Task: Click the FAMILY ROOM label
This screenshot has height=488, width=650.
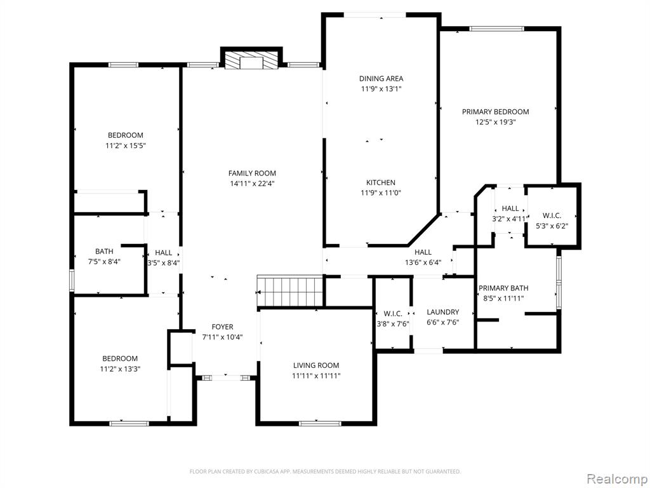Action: pos(252,173)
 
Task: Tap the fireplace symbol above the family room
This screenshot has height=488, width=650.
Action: pos(251,60)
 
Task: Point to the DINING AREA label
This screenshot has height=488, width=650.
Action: pos(381,78)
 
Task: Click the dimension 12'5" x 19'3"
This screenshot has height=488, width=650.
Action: pos(495,122)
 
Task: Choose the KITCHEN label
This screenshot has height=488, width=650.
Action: pos(381,182)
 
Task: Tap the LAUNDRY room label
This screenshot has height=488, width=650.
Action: pos(442,312)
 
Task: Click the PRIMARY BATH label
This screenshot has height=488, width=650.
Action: pos(503,288)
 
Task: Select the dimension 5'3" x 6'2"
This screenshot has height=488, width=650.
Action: pos(552,226)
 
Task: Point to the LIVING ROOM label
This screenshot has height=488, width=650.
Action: pos(316,365)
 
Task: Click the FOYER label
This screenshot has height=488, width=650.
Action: pos(222,327)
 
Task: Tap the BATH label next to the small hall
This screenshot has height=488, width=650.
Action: pos(104,251)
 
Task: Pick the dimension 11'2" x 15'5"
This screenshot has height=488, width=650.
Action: pos(126,146)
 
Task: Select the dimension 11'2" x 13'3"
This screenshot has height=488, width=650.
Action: pos(120,369)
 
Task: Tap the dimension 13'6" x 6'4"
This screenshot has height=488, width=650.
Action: pos(423,262)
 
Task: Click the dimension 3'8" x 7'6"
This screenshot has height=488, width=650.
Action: pos(392,324)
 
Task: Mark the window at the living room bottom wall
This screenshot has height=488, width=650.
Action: pos(320,424)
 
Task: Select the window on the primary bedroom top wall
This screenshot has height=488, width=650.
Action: pos(496,29)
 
